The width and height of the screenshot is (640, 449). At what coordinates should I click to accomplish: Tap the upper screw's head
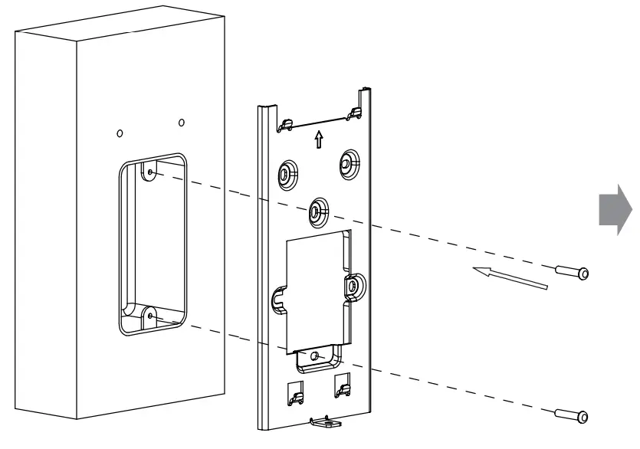[x=583, y=274]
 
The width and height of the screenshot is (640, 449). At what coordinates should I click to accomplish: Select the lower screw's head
[x=583, y=418]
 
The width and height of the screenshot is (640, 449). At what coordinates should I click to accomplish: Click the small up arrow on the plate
[x=319, y=140]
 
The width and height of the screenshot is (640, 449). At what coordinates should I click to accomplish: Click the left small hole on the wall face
[x=119, y=133]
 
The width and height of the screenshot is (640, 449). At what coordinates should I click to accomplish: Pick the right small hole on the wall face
[x=181, y=122]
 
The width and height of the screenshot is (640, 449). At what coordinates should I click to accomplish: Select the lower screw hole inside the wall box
[x=150, y=314]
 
